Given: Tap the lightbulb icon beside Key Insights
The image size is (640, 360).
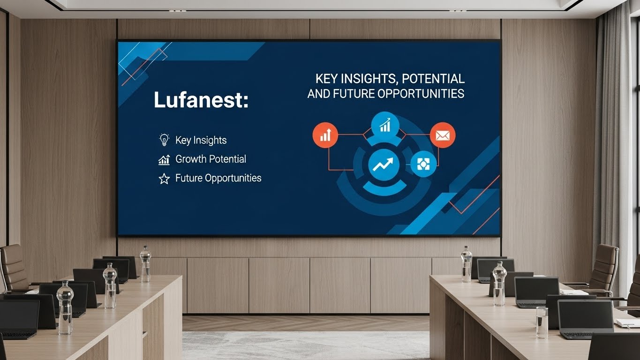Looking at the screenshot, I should (164, 140).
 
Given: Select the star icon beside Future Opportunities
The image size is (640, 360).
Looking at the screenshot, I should (164, 178).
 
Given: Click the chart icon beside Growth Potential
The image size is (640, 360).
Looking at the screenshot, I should (164, 160).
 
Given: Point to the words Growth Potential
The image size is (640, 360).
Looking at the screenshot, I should (211, 159).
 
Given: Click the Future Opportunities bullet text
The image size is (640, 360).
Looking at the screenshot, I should (218, 178).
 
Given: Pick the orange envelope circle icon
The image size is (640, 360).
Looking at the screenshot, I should (442, 135).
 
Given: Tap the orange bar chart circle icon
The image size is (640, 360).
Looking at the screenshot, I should (325, 135).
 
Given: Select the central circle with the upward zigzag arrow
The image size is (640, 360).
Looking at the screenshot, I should (384, 164).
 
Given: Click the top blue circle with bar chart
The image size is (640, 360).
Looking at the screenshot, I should (385, 124).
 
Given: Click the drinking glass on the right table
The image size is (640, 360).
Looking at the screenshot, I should (542, 322).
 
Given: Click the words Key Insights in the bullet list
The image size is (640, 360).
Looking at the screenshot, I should (201, 140).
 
